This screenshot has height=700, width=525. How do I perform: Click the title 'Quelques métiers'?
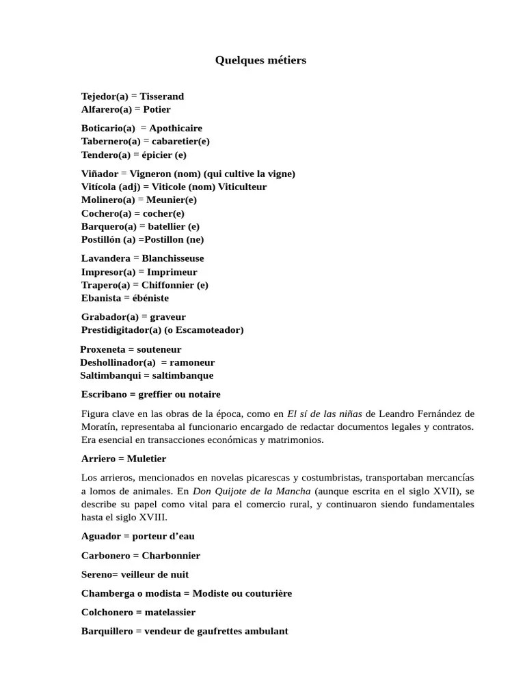260,60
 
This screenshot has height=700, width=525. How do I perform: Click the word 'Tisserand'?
161,96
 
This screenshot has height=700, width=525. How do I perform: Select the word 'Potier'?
157,109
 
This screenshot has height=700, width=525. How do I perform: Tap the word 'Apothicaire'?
176,128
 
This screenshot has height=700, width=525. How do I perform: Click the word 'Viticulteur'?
242,187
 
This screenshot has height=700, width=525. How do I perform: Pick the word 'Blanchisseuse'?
172,258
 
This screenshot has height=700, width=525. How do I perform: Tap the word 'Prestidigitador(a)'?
122,330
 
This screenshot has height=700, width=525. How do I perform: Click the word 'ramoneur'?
192,362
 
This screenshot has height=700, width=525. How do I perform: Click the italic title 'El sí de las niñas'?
325,414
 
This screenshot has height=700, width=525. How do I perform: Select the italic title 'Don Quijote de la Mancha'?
252,492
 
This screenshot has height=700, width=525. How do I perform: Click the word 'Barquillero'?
107,632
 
